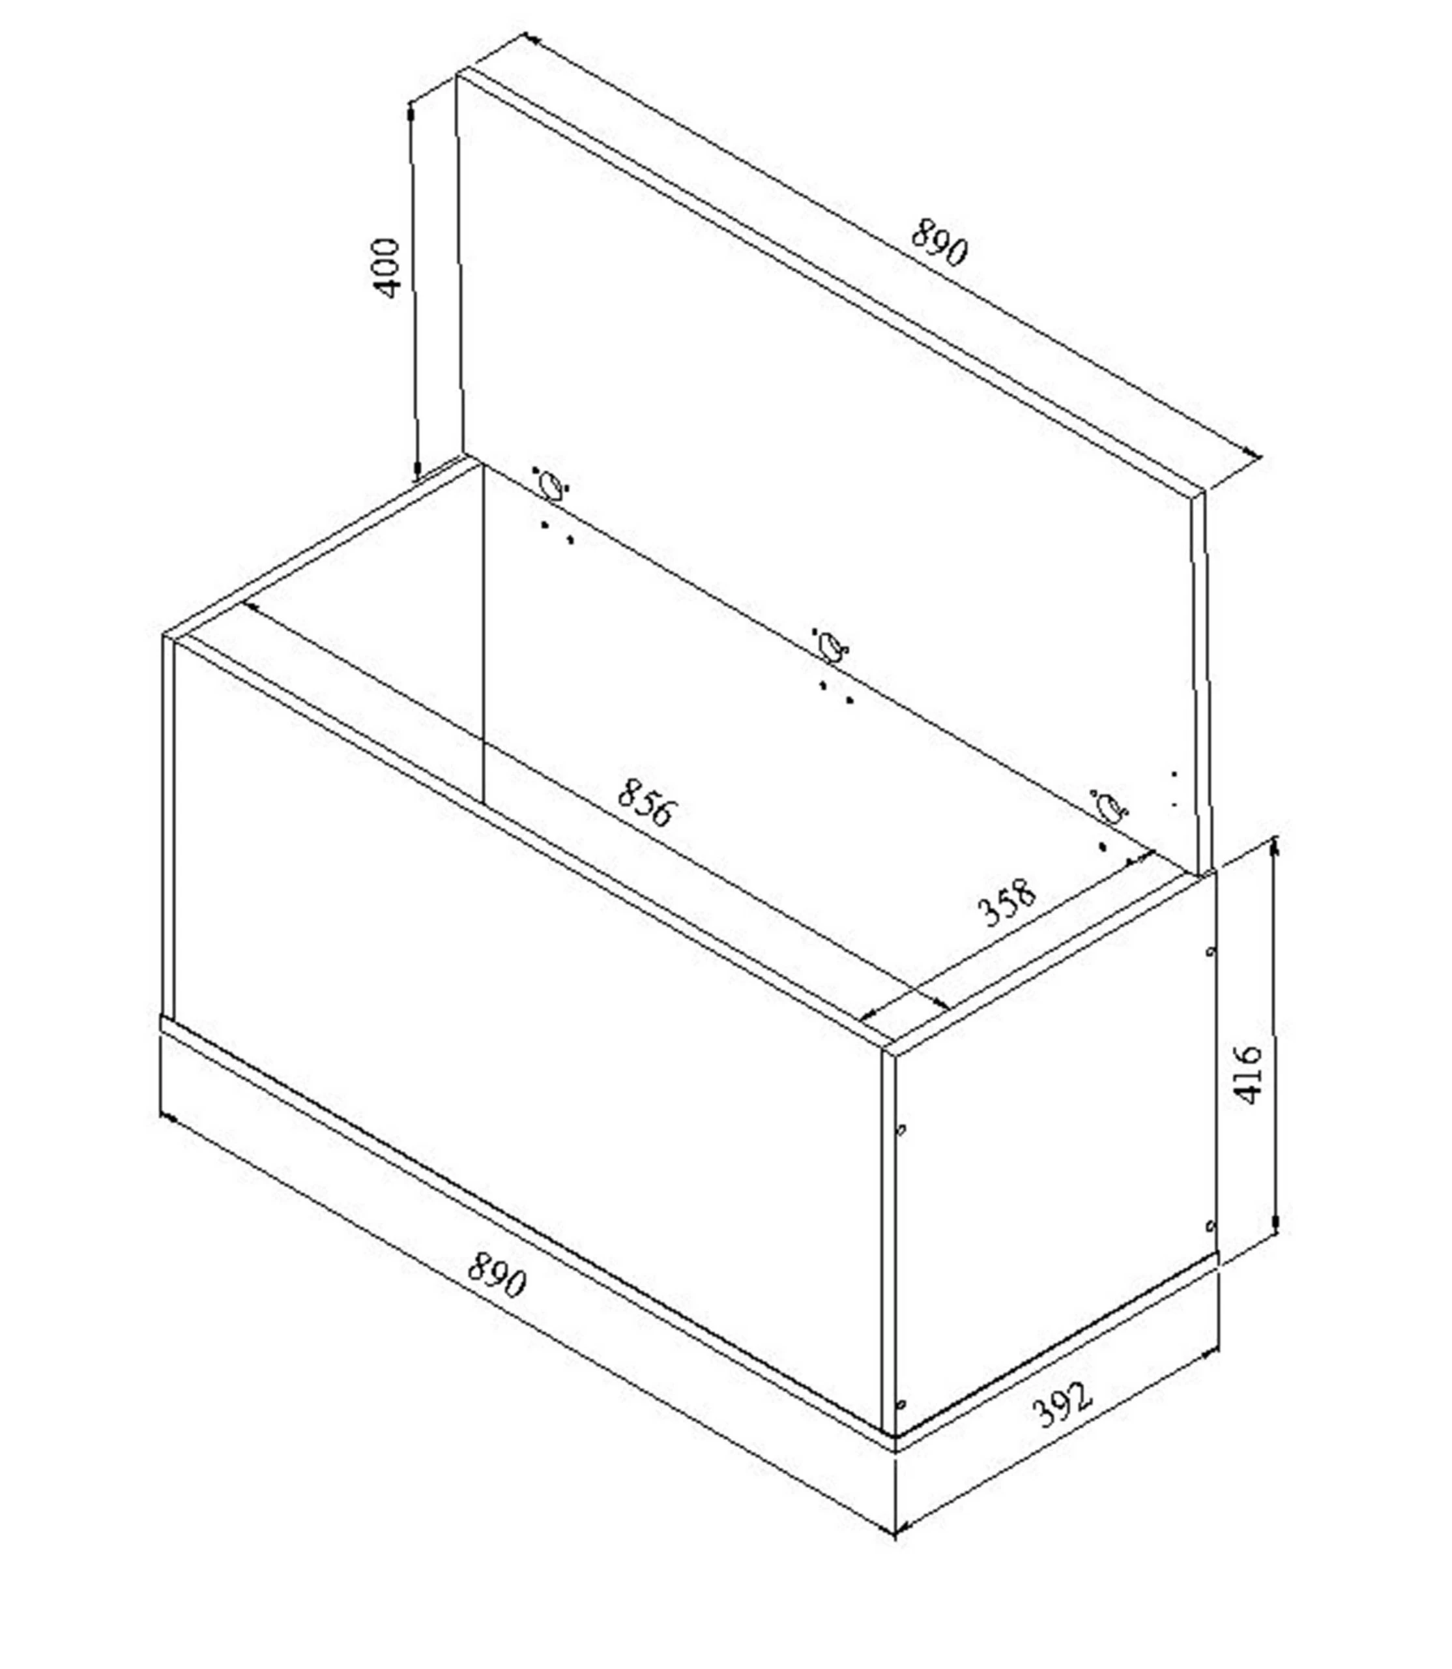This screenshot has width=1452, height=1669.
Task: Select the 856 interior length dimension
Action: [x=645, y=803]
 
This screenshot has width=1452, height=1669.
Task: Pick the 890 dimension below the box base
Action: [x=497, y=1275]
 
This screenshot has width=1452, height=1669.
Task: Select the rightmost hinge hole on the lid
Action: [x=1109, y=806]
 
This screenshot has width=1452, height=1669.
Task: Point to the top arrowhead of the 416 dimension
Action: [x=1275, y=846]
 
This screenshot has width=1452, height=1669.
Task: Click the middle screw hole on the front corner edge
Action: [x=902, y=1129]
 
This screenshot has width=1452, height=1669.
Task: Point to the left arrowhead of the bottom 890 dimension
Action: [x=167, y=1118]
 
